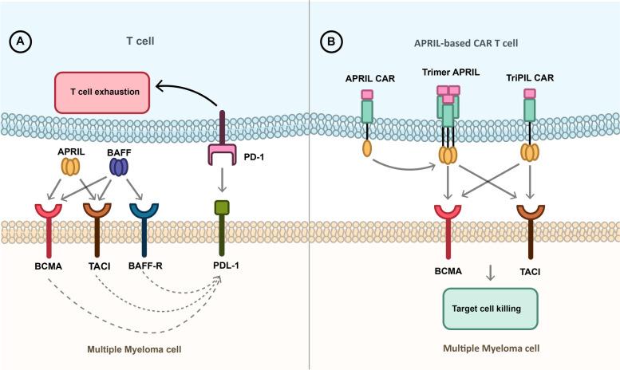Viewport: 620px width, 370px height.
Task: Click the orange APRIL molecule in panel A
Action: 69,167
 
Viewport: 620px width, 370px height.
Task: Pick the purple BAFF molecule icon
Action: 119,167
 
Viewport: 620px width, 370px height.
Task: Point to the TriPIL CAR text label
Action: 531,78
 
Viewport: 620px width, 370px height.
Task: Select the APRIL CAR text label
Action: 367,78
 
